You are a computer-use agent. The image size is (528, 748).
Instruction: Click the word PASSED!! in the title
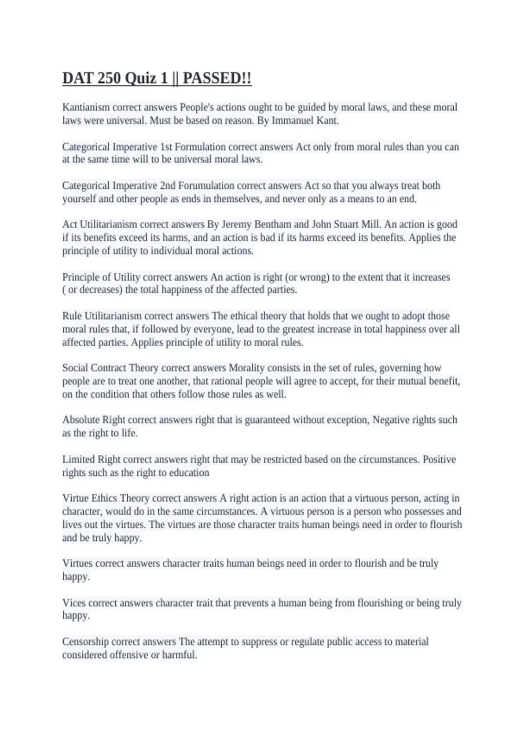(x=217, y=78)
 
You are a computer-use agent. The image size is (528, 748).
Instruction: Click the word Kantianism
(x=86, y=107)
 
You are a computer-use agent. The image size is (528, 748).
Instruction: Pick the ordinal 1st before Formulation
(x=166, y=147)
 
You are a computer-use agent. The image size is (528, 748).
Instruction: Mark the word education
(x=191, y=473)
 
